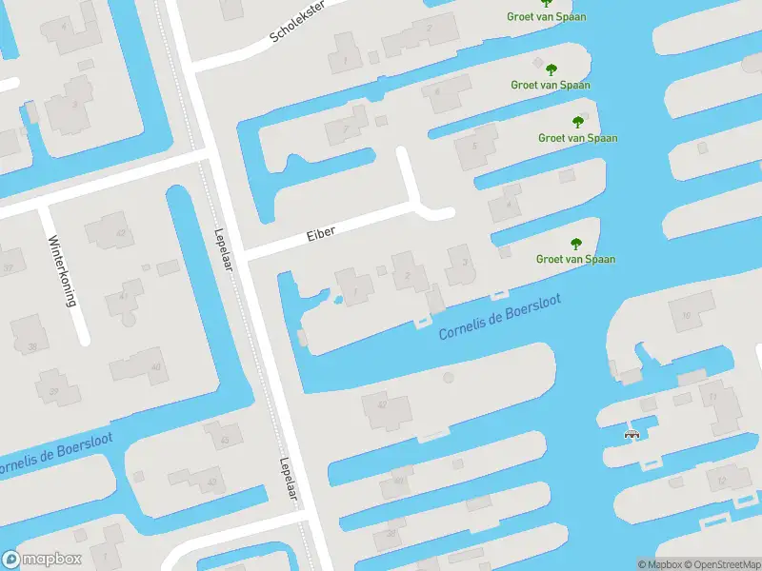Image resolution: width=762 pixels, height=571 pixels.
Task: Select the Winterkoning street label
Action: pos(63,270)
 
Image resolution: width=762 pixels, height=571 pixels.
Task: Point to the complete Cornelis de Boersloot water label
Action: pos(499,316)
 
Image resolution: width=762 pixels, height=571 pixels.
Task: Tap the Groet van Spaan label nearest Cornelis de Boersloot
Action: pos(575,259)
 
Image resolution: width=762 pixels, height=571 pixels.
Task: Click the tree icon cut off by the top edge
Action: pos(547,3)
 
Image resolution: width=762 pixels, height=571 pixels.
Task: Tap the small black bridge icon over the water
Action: pos(631,435)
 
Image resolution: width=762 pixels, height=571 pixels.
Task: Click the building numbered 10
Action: pos(685,314)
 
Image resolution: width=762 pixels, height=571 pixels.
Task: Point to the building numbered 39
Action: pos(54,390)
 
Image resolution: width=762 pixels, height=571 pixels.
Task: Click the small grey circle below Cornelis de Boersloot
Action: pos(449,378)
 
